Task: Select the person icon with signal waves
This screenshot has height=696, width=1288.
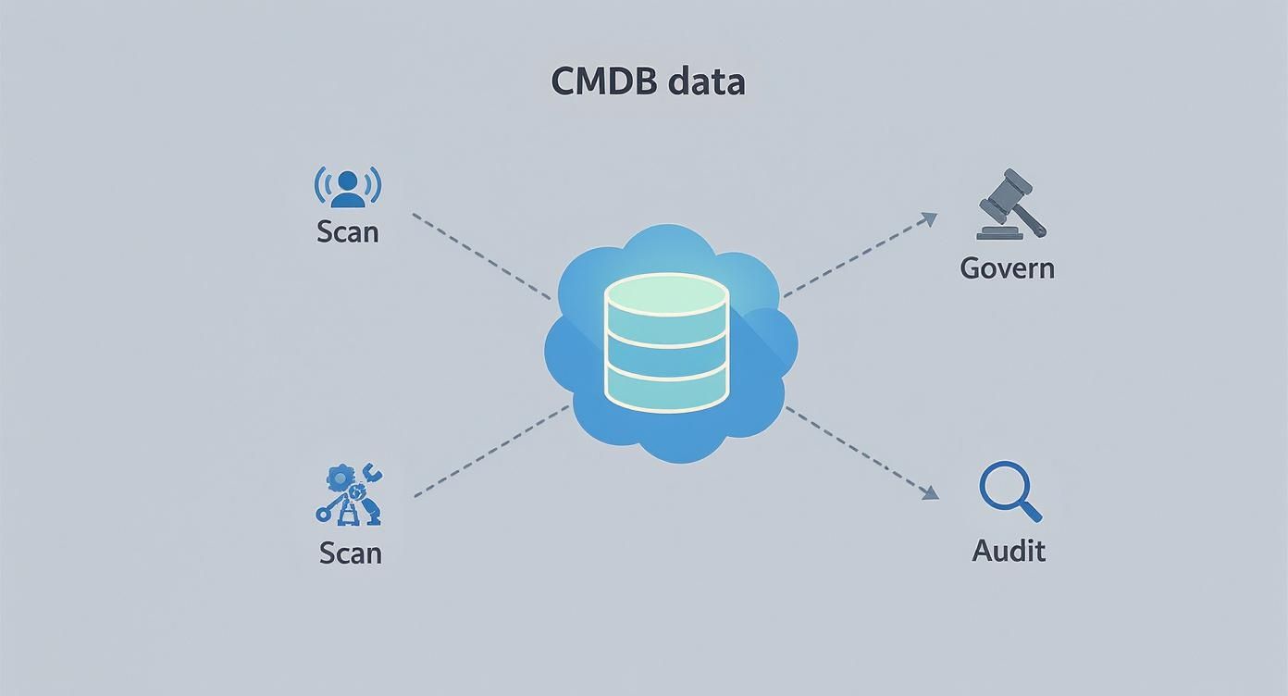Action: click(x=348, y=187)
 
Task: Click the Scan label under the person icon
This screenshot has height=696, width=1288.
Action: click(x=348, y=231)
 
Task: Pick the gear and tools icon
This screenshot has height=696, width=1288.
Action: click(x=350, y=494)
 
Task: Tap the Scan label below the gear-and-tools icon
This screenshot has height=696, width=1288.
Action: click(x=350, y=553)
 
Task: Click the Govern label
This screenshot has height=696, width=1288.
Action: click(x=1007, y=268)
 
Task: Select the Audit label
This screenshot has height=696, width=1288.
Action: click(x=1009, y=551)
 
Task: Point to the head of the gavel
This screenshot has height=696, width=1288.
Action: click(x=1005, y=189)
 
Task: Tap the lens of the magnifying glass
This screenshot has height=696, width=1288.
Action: click(x=1003, y=487)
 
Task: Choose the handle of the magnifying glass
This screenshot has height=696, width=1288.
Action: click(x=1032, y=512)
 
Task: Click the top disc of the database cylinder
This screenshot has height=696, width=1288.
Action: click(x=666, y=294)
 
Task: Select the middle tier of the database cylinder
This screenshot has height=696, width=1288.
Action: click(x=666, y=356)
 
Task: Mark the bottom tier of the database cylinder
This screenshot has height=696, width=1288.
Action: click(x=666, y=392)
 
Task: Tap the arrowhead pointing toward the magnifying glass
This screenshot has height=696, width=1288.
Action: click(x=930, y=493)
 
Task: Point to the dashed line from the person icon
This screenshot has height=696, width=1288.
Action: click(x=480, y=256)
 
